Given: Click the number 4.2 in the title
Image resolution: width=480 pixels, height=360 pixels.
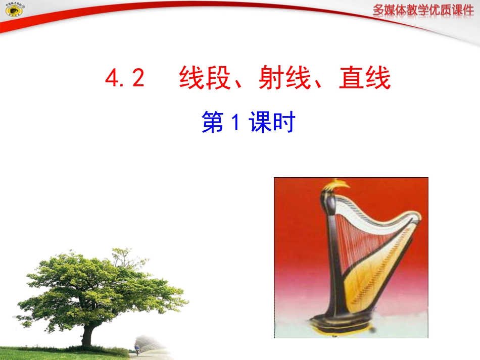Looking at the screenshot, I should tap(125, 79).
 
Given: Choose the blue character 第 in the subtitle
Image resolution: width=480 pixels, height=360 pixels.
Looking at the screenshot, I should tap(212, 123).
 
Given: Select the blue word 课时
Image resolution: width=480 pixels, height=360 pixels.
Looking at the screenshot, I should tap(272, 123).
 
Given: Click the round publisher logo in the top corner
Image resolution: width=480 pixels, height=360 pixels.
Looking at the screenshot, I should tap(11, 12).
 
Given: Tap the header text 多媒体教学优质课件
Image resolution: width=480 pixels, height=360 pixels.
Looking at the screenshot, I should tap(423, 10).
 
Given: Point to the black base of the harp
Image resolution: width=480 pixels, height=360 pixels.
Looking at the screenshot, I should tap(343, 323).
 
